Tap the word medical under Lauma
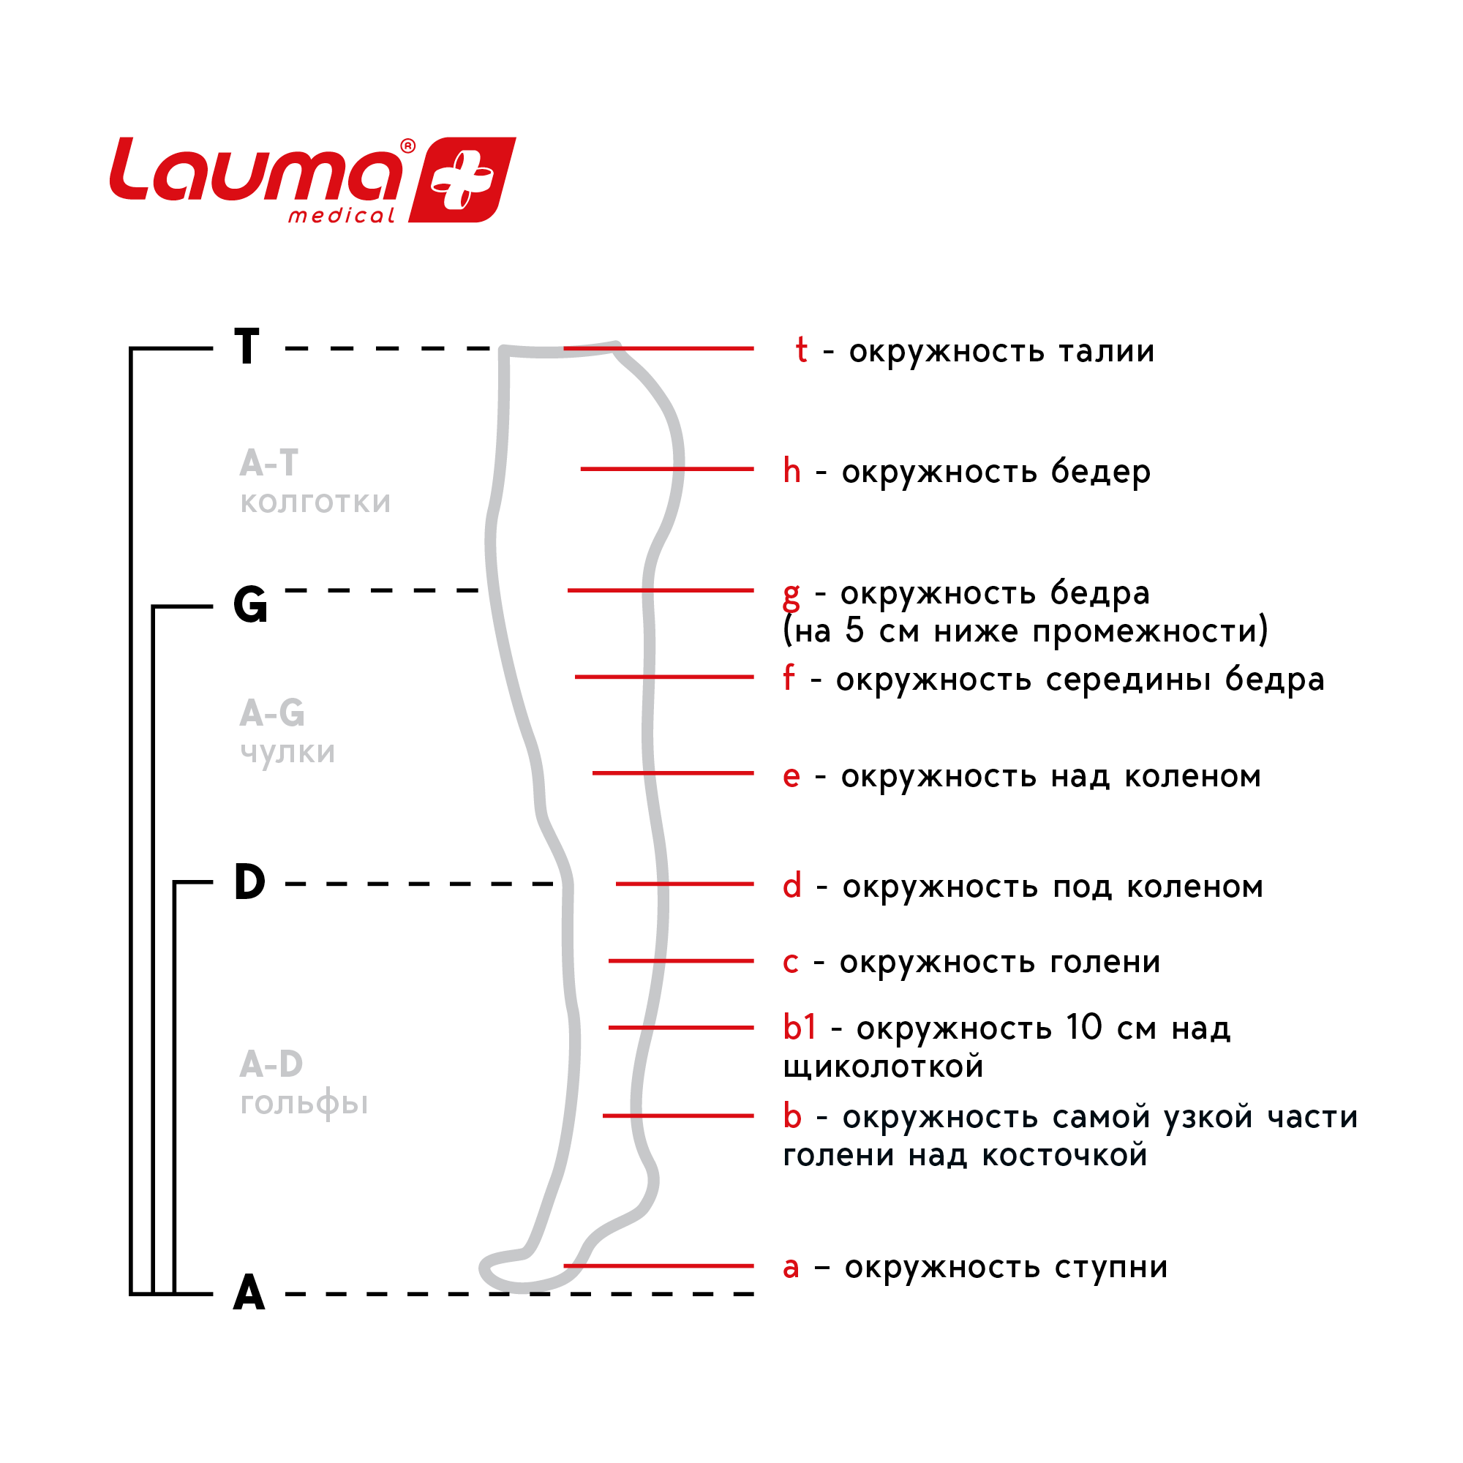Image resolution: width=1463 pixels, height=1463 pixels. tap(342, 217)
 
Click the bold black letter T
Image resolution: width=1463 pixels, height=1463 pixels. tap(247, 347)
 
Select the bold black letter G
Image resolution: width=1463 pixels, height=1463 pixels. tap(251, 605)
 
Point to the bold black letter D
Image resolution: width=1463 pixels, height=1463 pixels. tap(250, 882)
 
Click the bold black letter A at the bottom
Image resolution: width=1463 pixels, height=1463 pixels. tap(249, 1293)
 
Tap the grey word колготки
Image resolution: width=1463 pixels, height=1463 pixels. tap(315, 503)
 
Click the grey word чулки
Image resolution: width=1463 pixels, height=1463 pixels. tap(287, 753)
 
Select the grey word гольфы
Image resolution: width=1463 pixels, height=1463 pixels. tap(304, 1104)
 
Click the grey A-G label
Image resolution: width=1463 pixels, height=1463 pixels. tap(272, 713)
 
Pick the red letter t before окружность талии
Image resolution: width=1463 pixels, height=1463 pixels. tap(801, 350)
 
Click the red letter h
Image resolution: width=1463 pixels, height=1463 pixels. tap(791, 471)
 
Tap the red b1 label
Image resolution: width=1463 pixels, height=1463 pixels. tap(799, 1028)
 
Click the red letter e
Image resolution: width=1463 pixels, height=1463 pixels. tap(791, 777)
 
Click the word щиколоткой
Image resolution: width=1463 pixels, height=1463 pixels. tap(883, 1067)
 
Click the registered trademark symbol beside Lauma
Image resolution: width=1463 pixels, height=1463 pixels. tap(407, 146)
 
